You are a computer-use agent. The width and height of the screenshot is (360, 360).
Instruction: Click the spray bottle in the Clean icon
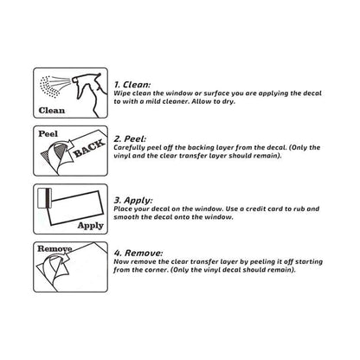tap(84, 87)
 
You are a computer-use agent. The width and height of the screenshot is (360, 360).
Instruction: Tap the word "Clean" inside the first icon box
tap(53, 111)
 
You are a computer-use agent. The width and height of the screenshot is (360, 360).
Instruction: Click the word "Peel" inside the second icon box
tap(48, 135)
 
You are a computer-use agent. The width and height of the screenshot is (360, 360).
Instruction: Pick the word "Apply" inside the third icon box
tap(90, 225)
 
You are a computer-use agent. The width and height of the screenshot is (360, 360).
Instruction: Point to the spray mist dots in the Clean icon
tap(54, 85)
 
